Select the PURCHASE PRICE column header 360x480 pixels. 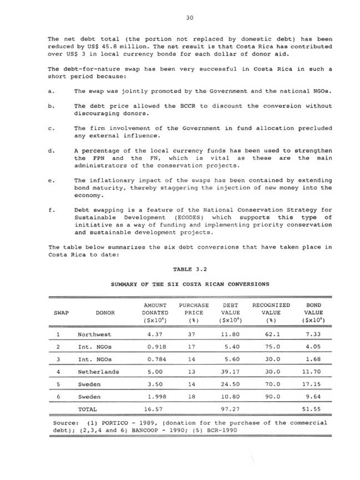click(x=194, y=312)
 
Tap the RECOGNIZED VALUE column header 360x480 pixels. click(x=271, y=312)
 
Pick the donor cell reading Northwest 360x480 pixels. click(x=95, y=335)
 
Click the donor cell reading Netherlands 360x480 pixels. click(x=99, y=371)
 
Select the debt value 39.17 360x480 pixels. click(x=229, y=371)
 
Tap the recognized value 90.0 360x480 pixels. click(x=271, y=397)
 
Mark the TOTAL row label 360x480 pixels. click(x=88, y=410)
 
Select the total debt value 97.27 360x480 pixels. click(x=229, y=410)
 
